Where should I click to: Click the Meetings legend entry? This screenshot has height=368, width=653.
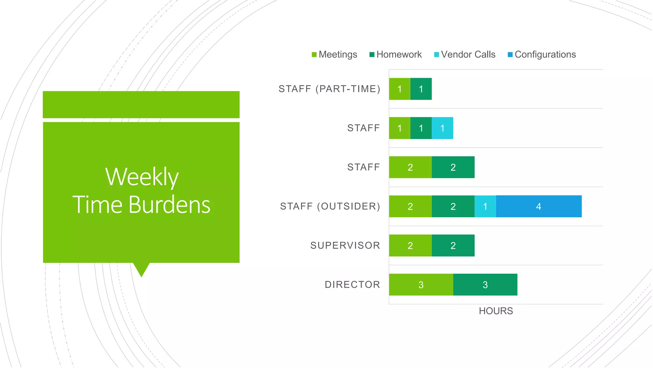(334, 55)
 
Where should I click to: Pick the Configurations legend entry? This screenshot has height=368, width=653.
(542, 55)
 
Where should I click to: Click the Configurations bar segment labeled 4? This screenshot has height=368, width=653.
(539, 206)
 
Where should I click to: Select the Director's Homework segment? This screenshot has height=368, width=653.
(485, 285)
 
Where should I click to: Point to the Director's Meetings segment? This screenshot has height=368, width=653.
(421, 285)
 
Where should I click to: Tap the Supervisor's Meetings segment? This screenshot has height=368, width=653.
(410, 246)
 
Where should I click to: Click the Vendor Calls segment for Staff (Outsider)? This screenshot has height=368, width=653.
(485, 206)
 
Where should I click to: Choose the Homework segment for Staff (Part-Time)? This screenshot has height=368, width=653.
(421, 89)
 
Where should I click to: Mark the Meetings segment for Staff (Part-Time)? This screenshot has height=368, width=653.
(400, 89)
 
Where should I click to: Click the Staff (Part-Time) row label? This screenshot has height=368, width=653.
(329, 89)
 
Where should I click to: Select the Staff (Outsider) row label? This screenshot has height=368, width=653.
(330, 206)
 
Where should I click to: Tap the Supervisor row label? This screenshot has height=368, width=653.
(345, 245)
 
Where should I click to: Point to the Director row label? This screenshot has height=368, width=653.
(352, 285)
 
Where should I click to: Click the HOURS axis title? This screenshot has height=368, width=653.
(496, 311)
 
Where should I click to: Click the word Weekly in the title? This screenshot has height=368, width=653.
(142, 177)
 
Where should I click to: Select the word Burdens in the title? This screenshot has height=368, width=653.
(169, 205)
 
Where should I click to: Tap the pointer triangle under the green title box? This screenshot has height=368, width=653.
(141, 269)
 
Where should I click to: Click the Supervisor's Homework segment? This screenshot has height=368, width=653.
(453, 246)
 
